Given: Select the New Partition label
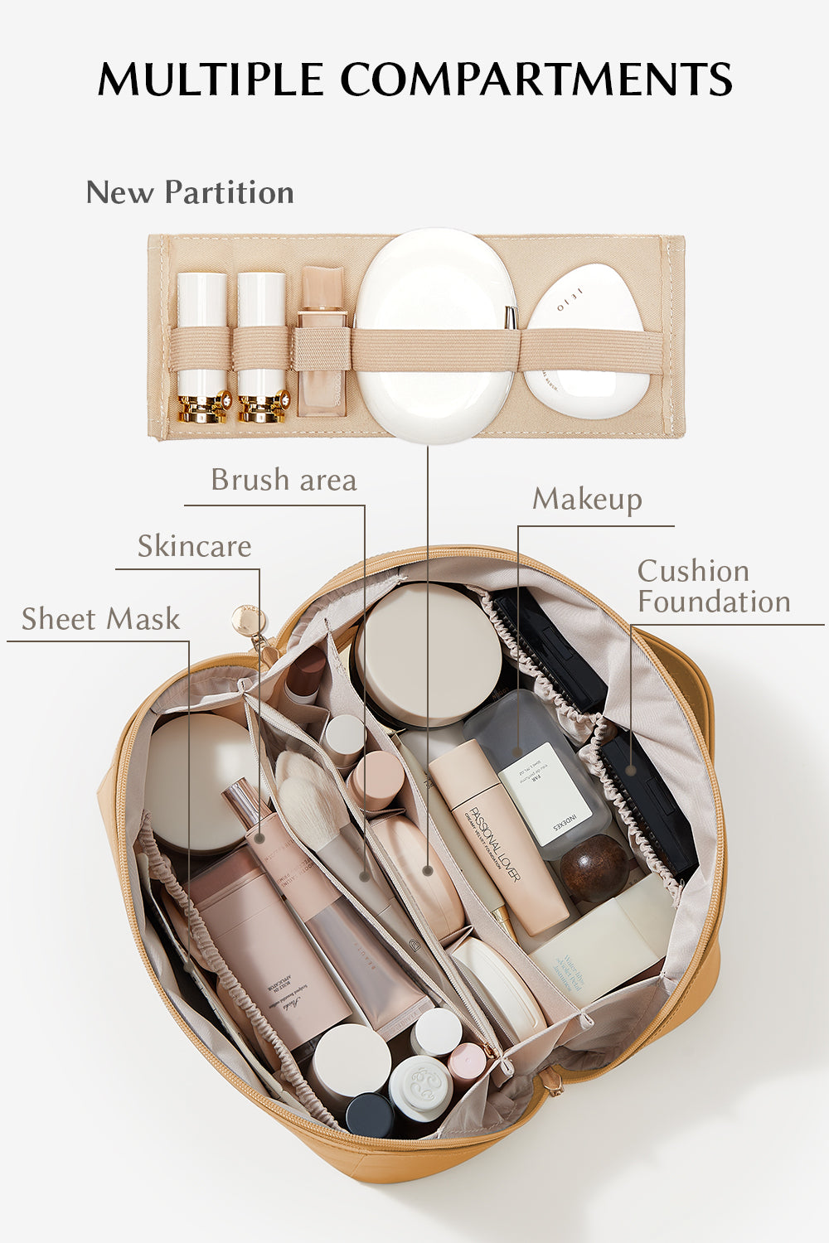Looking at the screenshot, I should pyautogui.click(x=190, y=192).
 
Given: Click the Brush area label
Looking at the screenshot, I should pyautogui.click(x=284, y=480).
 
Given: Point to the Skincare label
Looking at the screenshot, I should pyautogui.click(x=194, y=546).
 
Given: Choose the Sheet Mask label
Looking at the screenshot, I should pyautogui.click(x=100, y=619).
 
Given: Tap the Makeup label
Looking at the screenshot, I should pyautogui.click(x=587, y=499).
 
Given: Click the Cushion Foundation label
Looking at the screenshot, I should pyautogui.click(x=713, y=587).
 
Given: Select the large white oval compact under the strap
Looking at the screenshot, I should pyautogui.click(x=435, y=336).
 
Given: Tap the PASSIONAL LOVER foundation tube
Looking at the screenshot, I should pyautogui.click(x=500, y=837).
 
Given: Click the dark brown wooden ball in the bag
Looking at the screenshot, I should pyautogui.click(x=594, y=868).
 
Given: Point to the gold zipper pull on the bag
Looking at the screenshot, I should pyautogui.click(x=248, y=620).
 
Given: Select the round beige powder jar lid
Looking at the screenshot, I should pyautogui.click(x=429, y=655).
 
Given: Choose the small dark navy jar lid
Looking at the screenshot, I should pyautogui.click(x=369, y=1115).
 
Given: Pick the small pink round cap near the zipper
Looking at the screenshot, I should pyautogui.click(x=467, y=1060).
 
